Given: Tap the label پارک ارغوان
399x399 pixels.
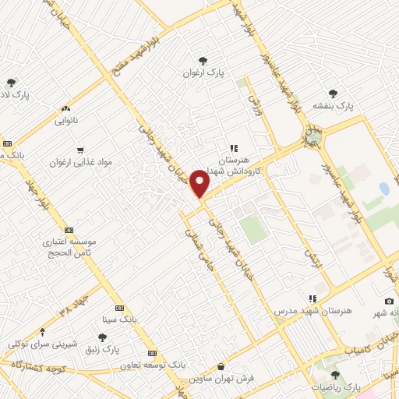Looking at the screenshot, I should (204, 72).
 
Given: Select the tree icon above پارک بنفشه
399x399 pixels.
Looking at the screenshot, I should (334, 93).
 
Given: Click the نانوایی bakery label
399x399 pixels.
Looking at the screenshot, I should (66, 121).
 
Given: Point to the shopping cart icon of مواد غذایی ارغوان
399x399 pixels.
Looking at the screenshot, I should (80, 150).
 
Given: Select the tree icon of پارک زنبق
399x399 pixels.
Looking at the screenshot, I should (102, 337).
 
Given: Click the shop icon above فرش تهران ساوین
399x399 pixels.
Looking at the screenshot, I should (221, 366).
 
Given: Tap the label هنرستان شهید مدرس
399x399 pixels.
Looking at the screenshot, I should (312, 310).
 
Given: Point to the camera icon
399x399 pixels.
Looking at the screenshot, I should (389, 302).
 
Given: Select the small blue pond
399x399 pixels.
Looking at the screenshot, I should (384, 189).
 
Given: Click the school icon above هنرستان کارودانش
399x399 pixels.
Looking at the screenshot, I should (232, 147).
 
